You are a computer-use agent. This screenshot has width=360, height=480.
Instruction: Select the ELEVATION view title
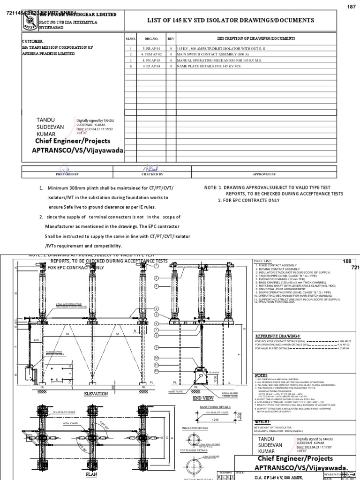[96, 393]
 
